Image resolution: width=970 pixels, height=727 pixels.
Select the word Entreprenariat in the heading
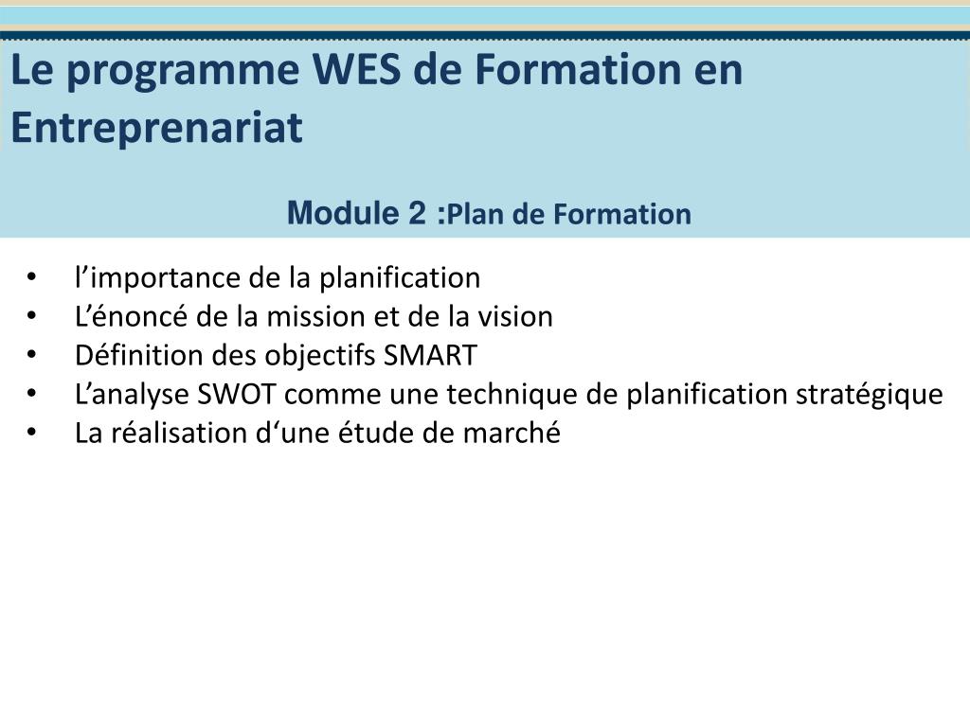pyautogui.click(x=156, y=128)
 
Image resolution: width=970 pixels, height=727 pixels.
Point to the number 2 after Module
pyautogui.click(x=418, y=214)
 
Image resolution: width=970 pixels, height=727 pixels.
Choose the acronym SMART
pyautogui.click(x=431, y=356)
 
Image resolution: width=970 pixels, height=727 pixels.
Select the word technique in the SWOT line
pyautogui.click(x=512, y=395)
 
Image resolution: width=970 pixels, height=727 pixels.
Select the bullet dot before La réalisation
pyautogui.click(x=32, y=434)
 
